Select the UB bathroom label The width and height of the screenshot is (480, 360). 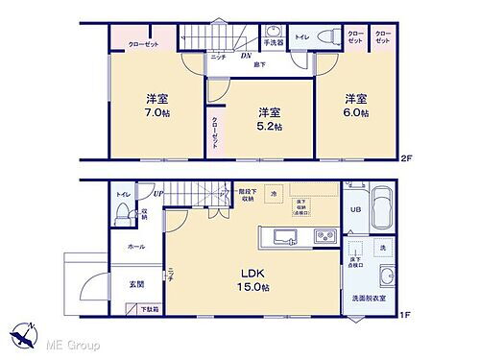tap(354, 208)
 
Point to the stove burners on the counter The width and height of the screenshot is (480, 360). tap(324, 237)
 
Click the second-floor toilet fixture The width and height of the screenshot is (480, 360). tap(327, 37)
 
